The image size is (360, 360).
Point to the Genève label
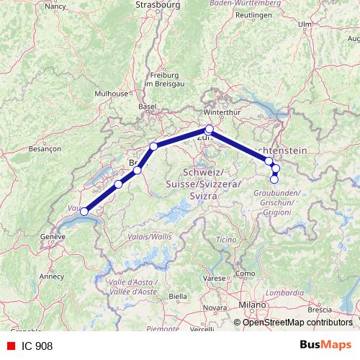coord(53,236)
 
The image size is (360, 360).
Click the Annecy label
coord(51,275)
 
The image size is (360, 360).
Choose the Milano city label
coord(253,305)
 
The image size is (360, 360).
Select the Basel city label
coord(147,106)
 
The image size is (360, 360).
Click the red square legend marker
coord(10,346)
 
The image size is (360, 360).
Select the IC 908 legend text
coord(37,346)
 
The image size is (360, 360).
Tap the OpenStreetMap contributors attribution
coord(297,322)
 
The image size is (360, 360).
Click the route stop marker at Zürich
coord(210,130)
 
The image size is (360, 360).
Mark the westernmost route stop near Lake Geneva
coord(84,212)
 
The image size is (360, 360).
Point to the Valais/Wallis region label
coord(151,235)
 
